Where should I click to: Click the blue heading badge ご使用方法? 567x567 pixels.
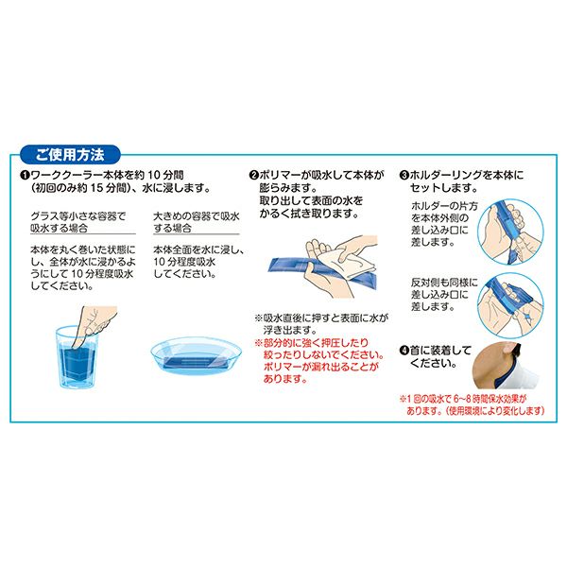(x=70, y=155)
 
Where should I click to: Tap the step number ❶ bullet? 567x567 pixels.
(x=25, y=176)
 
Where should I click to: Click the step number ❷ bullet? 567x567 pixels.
(x=254, y=176)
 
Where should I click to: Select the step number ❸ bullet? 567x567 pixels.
(x=404, y=176)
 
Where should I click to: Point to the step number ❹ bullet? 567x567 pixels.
(x=404, y=351)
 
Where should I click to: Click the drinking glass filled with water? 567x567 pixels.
(x=77, y=357)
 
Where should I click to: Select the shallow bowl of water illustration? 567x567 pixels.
(x=196, y=355)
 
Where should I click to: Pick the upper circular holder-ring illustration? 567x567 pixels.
(x=510, y=232)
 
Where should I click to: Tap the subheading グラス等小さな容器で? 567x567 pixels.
(x=77, y=216)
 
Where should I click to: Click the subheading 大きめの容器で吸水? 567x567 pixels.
(x=197, y=216)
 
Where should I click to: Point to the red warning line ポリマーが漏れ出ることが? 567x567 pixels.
(x=321, y=367)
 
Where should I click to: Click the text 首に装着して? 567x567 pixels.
(x=440, y=351)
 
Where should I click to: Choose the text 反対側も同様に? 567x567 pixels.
(x=444, y=283)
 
